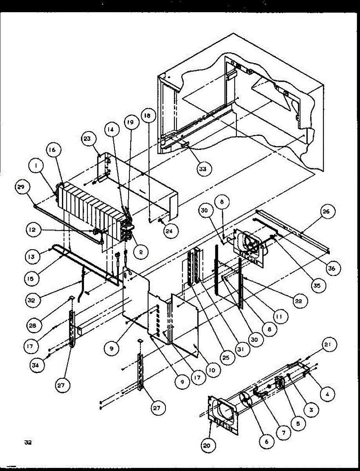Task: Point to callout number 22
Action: pos(300,301)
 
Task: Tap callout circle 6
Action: pos(267,442)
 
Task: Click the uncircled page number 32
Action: pos(27,442)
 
